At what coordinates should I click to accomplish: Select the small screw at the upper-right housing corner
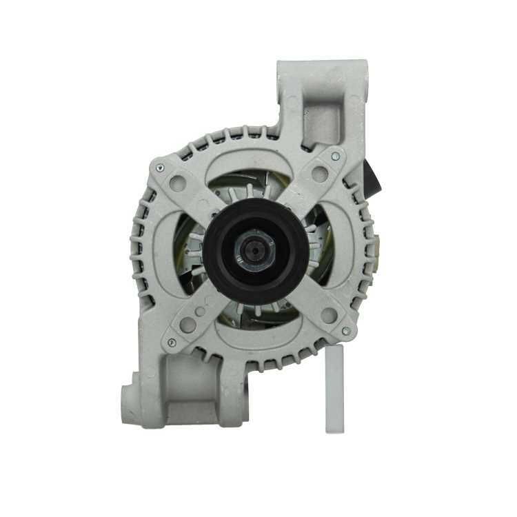click(335, 157)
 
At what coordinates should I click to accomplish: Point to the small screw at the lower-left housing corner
click(172, 341)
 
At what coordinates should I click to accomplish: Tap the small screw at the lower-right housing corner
click(345, 332)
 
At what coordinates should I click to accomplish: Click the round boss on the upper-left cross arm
click(180, 184)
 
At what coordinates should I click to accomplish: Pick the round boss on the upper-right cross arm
click(318, 174)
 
